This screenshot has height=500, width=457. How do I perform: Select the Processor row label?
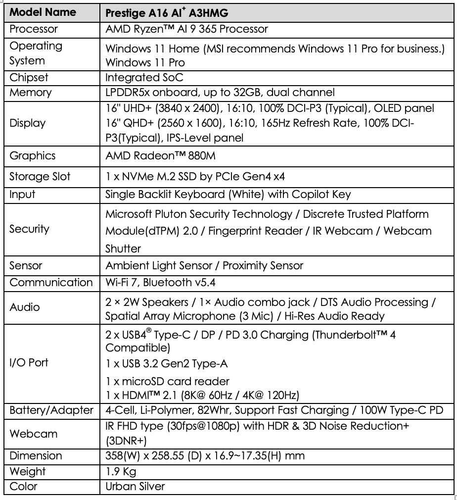(34, 29)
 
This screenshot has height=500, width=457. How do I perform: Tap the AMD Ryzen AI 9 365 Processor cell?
(187, 29)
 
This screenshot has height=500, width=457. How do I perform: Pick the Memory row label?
(31, 92)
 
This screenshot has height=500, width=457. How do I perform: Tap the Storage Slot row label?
(40, 177)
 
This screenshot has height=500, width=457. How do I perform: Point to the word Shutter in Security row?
(123, 248)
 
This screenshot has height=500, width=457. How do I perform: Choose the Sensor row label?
(26, 265)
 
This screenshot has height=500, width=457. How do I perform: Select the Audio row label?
(25, 307)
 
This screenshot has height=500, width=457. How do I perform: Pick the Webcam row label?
(34, 434)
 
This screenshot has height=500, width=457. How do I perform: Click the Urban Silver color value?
(135, 486)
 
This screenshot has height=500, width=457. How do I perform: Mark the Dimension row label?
(36, 455)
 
